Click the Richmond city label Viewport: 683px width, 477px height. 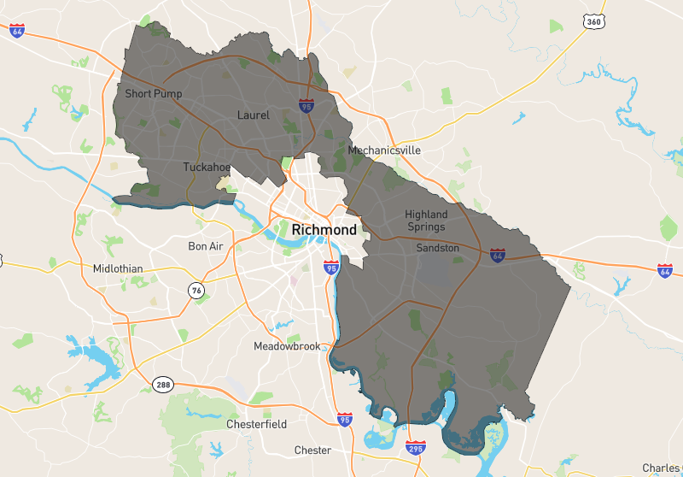324,230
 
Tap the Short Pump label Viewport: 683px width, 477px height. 153,93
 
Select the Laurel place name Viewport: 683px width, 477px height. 253,115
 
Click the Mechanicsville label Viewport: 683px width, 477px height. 384,150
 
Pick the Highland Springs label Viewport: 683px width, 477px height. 426,221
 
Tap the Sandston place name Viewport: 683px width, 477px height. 437,248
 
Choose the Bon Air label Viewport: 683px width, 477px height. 205,246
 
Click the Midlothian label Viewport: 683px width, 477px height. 118,268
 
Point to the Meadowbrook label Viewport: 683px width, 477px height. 287,346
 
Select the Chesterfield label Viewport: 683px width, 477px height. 256,424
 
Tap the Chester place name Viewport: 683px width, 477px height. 312,450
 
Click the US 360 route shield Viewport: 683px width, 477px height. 591,21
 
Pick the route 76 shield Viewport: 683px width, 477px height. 196,291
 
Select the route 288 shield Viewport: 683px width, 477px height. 163,384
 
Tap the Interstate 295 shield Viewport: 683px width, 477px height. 416,447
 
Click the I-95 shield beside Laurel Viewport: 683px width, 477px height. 306,105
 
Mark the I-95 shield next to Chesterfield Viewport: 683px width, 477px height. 344,419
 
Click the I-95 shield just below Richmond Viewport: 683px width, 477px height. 331,268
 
